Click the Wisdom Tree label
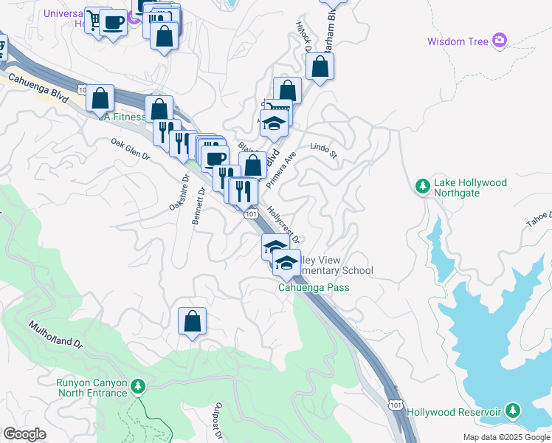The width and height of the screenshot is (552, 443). point(458,41)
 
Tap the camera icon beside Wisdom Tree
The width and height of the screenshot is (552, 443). point(500,40)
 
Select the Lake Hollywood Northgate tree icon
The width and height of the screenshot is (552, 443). point(423,186)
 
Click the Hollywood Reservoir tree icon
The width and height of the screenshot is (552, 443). point(513,411)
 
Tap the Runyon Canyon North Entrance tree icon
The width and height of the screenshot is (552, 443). point(137,386)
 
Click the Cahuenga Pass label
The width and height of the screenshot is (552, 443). point(313,288)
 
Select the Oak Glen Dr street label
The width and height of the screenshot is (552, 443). point(130,149)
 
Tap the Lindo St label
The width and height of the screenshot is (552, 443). point(323,151)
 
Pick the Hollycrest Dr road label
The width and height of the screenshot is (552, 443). point(283,224)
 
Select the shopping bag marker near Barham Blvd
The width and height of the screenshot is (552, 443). point(319,67)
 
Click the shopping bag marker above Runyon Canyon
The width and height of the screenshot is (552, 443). point(192,321)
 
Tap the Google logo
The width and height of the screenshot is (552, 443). point(24,434)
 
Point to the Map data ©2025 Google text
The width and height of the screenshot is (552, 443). point(506,437)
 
